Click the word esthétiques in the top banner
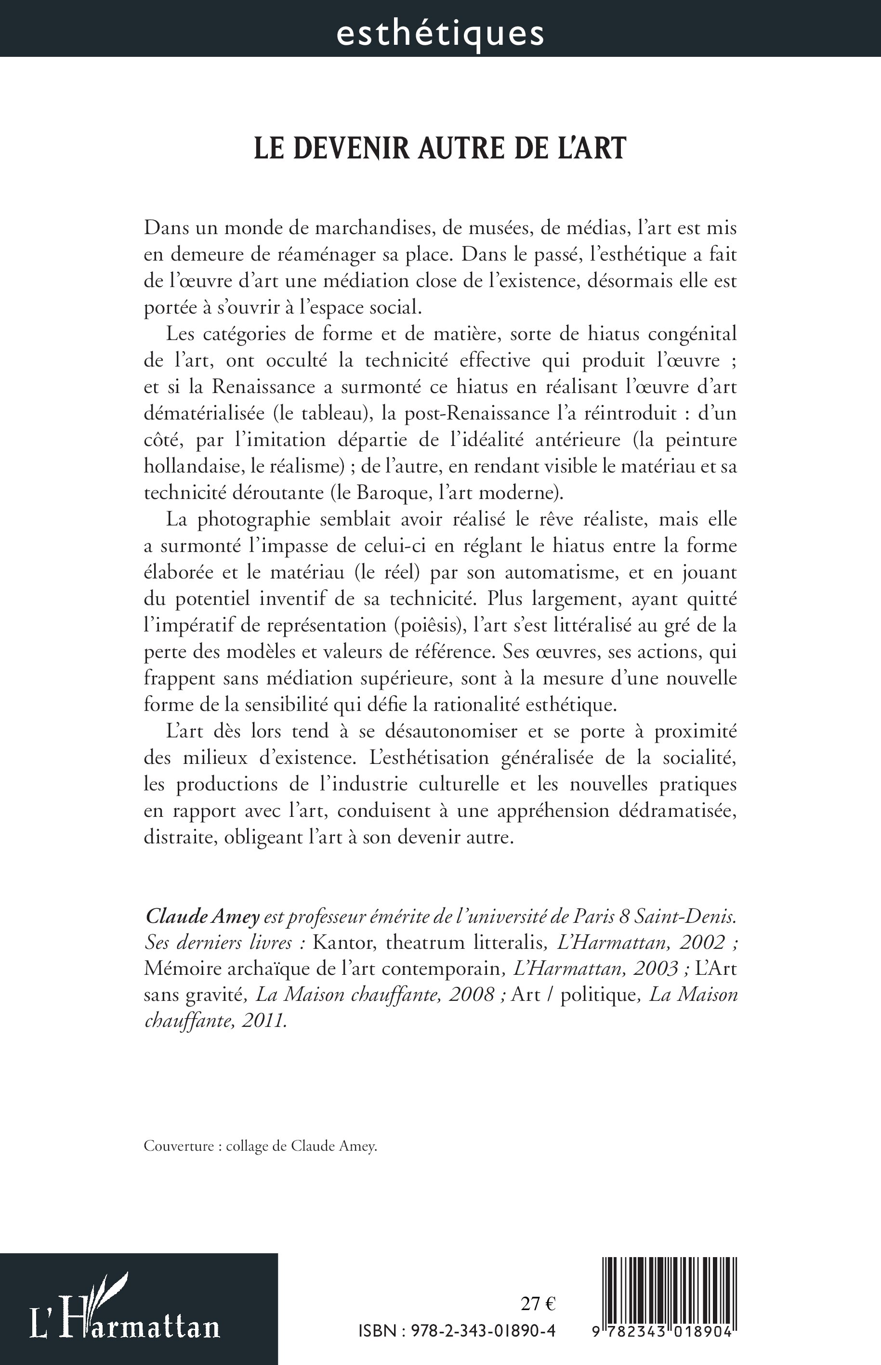[x=440, y=33]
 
